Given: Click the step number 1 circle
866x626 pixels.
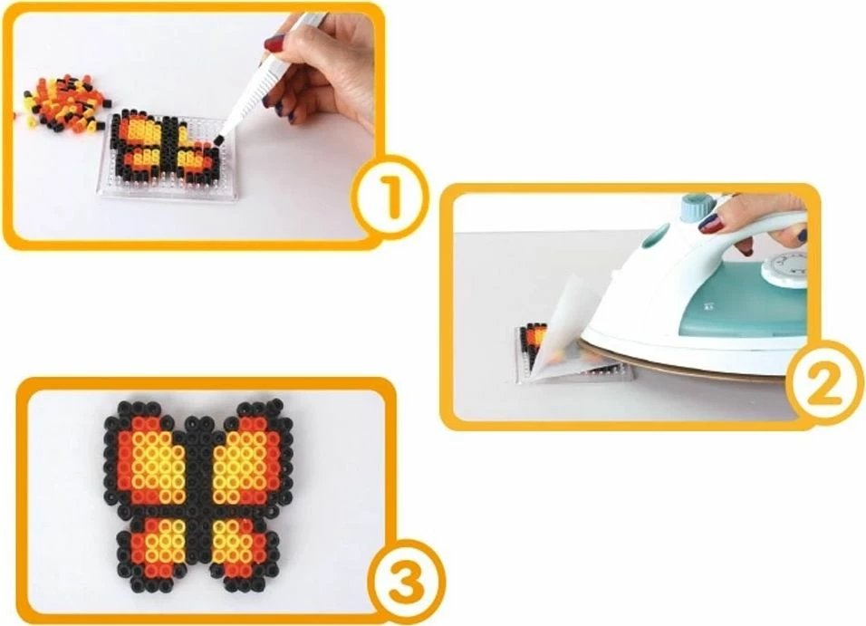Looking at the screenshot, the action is click(x=391, y=197).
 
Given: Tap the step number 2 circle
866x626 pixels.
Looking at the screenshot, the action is click(x=825, y=384).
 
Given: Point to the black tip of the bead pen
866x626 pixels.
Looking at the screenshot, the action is click(x=217, y=140).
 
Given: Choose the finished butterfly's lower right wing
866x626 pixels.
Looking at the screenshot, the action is click(x=243, y=549).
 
